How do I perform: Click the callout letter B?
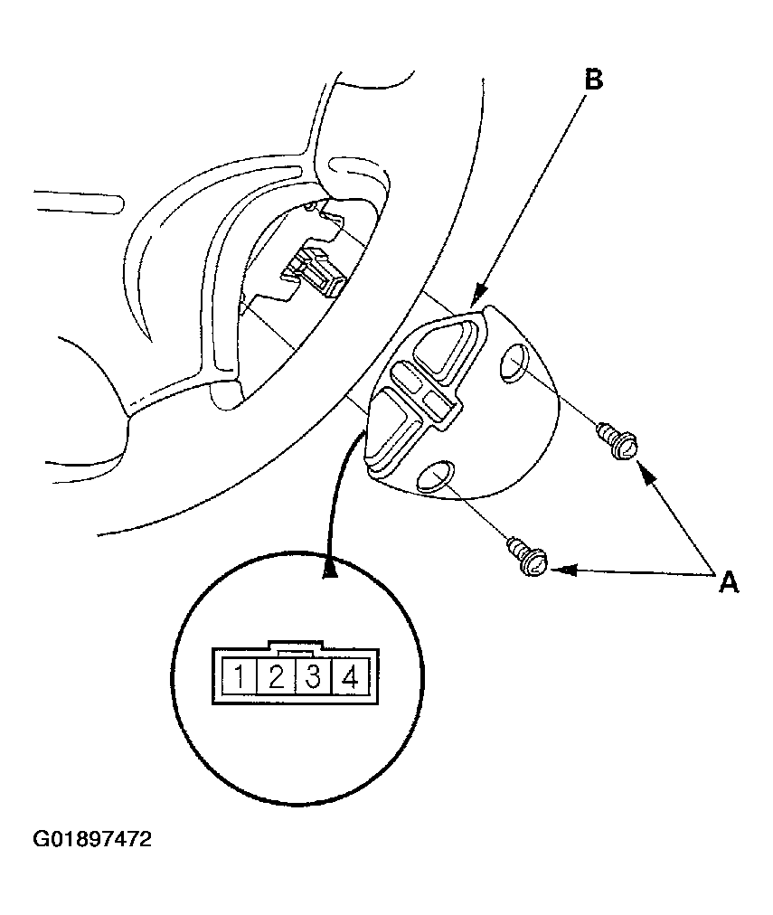click(x=592, y=80)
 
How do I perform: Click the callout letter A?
click(x=728, y=581)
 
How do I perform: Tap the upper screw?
click(x=620, y=439)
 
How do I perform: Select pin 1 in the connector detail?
click(x=240, y=675)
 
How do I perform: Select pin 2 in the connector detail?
click(x=277, y=675)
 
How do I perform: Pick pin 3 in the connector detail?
click(x=313, y=675)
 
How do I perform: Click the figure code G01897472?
click(x=92, y=839)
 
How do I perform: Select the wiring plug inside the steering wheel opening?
click(x=313, y=269)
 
